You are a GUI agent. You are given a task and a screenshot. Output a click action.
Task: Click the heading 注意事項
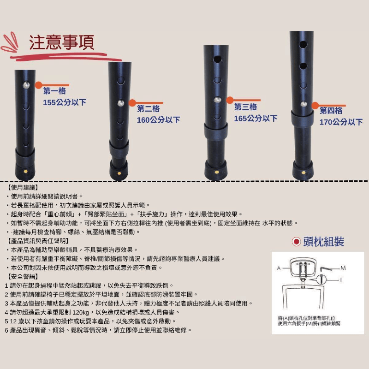(62, 42)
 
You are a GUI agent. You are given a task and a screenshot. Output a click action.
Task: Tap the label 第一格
(54, 91)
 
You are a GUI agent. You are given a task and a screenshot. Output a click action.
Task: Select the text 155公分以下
(65, 102)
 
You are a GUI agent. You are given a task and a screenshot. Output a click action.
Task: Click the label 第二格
(149, 108)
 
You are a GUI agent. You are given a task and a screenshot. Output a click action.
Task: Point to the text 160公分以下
(158, 120)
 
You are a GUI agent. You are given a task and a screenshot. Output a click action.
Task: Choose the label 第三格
(246, 107)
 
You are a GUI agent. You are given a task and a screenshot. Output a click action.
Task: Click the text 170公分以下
(341, 122)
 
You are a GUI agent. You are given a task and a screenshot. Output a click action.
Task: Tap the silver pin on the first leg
(26, 85)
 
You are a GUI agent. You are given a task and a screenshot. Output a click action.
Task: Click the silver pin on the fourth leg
(304, 104)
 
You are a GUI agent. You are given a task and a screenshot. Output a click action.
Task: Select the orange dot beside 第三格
(230, 100)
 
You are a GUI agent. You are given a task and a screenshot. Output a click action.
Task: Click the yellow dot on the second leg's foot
(119, 173)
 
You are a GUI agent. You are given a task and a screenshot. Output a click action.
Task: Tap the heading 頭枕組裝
(324, 241)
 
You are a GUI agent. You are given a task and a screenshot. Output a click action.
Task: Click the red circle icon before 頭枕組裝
(296, 241)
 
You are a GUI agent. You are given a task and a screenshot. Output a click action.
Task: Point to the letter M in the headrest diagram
(343, 268)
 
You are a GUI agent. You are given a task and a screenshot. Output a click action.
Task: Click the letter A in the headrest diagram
(279, 268)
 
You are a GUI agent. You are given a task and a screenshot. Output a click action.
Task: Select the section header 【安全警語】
(23, 276)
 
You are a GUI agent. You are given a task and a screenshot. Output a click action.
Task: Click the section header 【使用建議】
(23, 188)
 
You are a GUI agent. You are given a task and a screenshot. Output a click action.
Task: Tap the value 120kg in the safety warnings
(81, 312)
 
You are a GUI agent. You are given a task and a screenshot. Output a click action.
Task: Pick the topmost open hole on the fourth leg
(303, 44)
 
